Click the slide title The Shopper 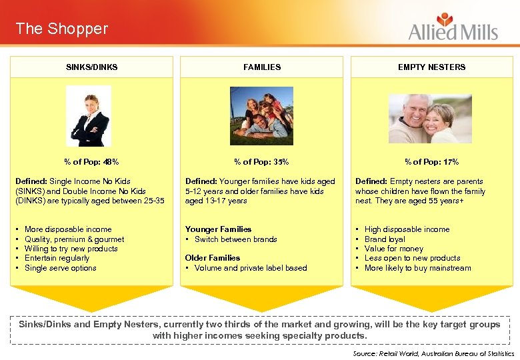61,29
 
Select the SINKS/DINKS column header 92,67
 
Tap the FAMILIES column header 262,67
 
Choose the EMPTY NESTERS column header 431,67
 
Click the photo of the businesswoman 89,116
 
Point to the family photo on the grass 262,115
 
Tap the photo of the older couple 430,119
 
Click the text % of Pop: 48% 92,161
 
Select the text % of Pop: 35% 262,161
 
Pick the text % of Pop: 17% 431,161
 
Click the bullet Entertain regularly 57,258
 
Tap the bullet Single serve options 60,268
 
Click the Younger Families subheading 218,229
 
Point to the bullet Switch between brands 235,239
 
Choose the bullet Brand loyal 385,239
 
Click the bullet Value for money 393,249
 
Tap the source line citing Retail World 433,353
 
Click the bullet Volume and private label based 251,268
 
